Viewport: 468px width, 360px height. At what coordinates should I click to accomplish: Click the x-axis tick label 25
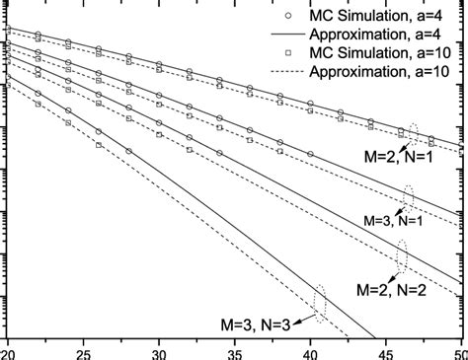84,352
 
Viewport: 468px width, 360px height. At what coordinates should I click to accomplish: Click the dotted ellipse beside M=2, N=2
402,254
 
